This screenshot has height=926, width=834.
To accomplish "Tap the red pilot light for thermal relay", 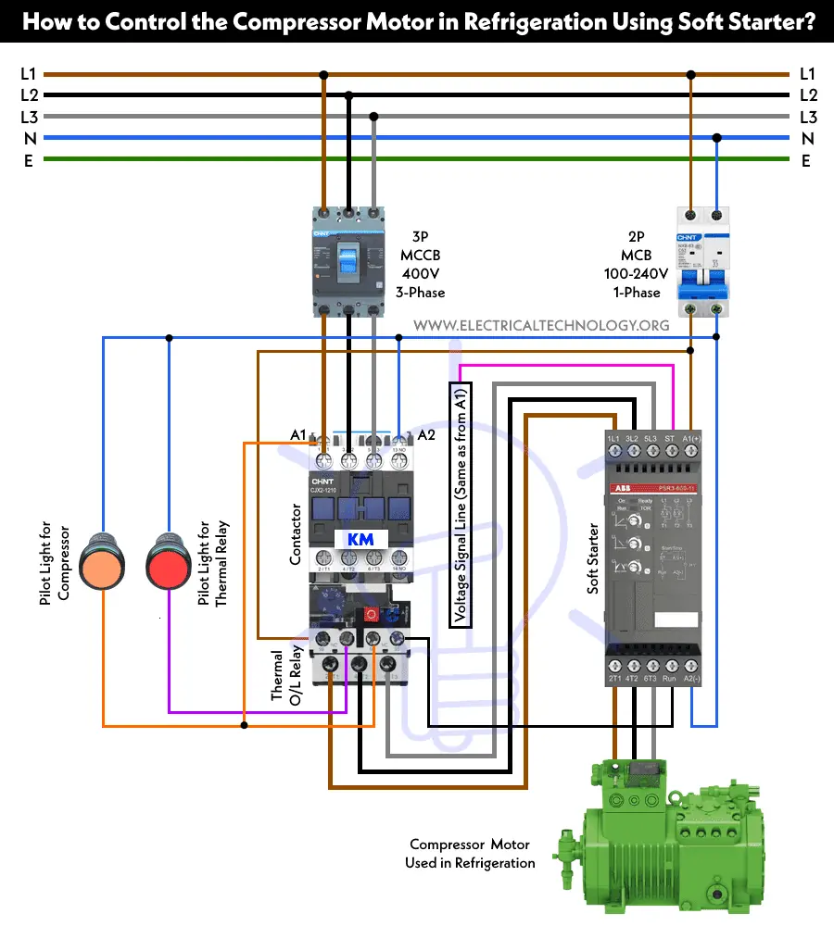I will (169, 560).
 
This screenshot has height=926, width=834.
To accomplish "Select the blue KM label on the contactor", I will (359, 541).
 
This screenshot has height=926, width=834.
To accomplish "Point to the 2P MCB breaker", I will (703, 261).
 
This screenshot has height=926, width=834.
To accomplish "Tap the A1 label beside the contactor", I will (297, 434).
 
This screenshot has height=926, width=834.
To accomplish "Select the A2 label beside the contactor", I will (426, 434).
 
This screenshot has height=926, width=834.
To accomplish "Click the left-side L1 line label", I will (29, 74).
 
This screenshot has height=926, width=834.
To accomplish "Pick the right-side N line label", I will (807, 138).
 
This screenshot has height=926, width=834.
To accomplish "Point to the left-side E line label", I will (29, 159).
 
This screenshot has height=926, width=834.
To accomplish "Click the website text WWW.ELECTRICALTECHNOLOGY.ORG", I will (541, 325).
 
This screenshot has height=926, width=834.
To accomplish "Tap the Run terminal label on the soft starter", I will (669, 679).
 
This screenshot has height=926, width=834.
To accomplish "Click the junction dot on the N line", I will (716, 138).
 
